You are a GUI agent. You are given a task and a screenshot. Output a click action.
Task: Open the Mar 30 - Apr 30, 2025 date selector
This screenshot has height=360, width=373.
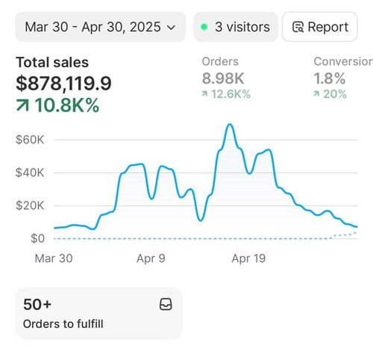[x=101, y=27]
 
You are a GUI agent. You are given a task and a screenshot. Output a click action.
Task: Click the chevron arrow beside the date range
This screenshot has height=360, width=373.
[x=171, y=28]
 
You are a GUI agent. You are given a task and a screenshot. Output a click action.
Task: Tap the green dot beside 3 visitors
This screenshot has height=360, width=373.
[x=204, y=27]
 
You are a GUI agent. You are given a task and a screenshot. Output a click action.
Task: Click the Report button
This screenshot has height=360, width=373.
[x=320, y=27]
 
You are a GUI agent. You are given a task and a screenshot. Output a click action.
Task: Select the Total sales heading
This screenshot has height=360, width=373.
[x=52, y=62]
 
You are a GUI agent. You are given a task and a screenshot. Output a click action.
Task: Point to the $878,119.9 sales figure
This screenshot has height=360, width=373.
[x=63, y=84]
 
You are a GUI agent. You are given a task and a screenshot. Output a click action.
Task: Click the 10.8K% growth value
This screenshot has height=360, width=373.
[x=67, y=105]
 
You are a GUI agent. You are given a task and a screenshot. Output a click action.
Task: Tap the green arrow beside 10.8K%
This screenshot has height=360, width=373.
[x=22, y=105]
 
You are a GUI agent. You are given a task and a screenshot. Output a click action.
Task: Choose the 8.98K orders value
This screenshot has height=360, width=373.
[x=223, y=78]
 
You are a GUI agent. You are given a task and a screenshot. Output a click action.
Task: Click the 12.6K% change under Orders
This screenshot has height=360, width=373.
[x=231, y=94]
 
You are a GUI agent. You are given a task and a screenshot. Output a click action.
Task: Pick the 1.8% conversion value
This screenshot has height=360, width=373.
[x=330, y=78]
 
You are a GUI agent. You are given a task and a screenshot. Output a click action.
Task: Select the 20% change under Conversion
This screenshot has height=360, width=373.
[x=335, y=94]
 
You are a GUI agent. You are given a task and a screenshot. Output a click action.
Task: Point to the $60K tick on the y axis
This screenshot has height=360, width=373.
[x=30, y=140]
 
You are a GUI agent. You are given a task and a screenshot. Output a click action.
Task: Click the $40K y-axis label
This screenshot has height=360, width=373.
[x=30, y=173]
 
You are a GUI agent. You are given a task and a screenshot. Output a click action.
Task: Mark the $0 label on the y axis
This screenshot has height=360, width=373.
[x=37, y=238]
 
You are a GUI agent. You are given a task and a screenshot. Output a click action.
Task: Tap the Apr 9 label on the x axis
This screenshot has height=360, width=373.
[x=151, y=258]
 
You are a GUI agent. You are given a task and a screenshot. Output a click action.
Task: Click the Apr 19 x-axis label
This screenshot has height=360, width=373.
[x=248, y=258]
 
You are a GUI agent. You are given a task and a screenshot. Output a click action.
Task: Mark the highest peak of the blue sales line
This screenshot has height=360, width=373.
[x=230, y=124]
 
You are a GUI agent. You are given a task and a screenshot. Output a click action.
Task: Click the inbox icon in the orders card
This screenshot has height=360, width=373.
[x=166, y=304]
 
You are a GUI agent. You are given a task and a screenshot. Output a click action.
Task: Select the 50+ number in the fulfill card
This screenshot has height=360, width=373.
[x=37, y=305]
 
